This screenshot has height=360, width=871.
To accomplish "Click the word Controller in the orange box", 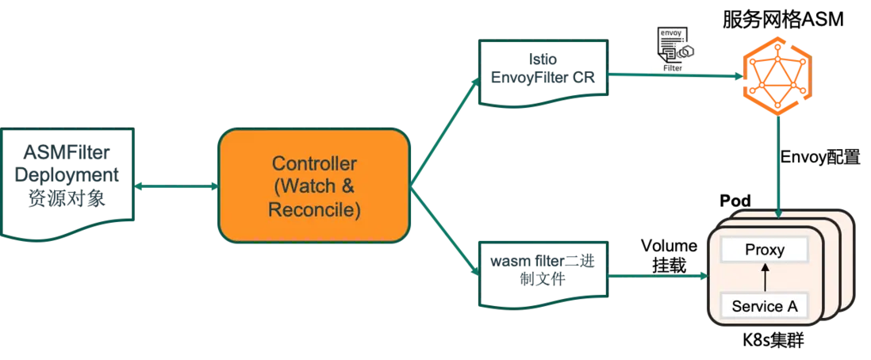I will click(x=314, y=164).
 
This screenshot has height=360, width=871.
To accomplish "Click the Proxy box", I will click(x=764, y=251).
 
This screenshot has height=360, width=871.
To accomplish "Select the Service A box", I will click(x=764, y=305).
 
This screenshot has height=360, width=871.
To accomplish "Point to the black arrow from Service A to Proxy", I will click(x=765, y=278).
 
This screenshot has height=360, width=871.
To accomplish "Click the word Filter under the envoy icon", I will click(x=672, y=68).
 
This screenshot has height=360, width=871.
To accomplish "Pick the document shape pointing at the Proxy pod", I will click(x=543, y=274).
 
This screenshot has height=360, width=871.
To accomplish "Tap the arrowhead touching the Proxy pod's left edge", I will click(x=702, y=277).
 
